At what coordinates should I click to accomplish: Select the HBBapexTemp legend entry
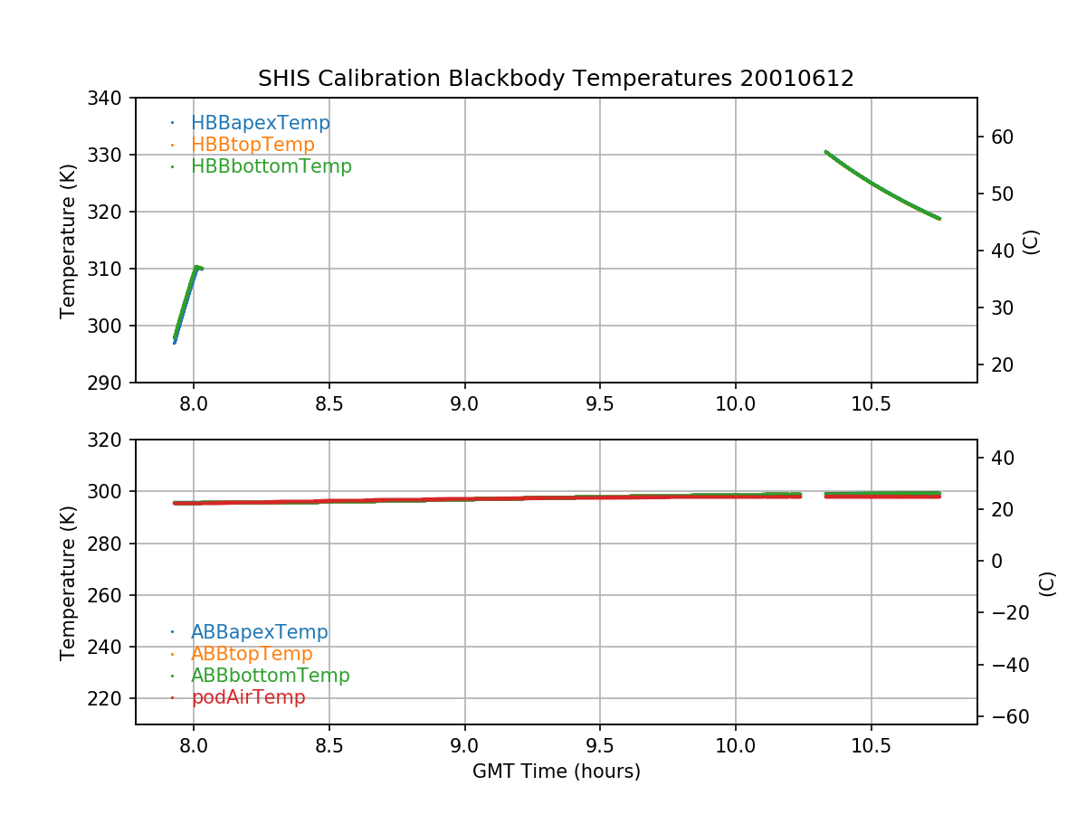(260, 123)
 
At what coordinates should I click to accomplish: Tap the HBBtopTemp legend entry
(252, 145)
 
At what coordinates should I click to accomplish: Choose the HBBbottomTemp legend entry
(271, 166)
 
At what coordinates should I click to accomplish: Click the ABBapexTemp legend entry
(259, 632)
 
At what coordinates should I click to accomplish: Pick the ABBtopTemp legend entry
(252, 654)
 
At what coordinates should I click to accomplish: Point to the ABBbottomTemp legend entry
(270, 676)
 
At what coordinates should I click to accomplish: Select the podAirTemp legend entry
(248, 697)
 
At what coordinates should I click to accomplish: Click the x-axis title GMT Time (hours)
(556, 771)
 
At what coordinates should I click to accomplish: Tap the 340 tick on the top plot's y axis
(111, 98)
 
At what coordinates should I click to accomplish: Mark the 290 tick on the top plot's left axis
(111, 383)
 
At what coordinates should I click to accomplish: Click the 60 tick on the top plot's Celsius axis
(1002, 137)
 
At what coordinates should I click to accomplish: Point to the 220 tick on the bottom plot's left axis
(111, 699)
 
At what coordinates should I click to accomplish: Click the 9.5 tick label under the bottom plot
(600, 745)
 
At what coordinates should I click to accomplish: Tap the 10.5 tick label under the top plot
(871, 403)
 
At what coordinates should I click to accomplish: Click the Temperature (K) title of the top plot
(68, 240)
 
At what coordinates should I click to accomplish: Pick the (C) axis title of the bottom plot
(1047, 582)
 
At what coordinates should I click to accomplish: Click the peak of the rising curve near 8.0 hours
(195, 267)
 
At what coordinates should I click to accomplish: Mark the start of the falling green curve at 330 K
(825, 152)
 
